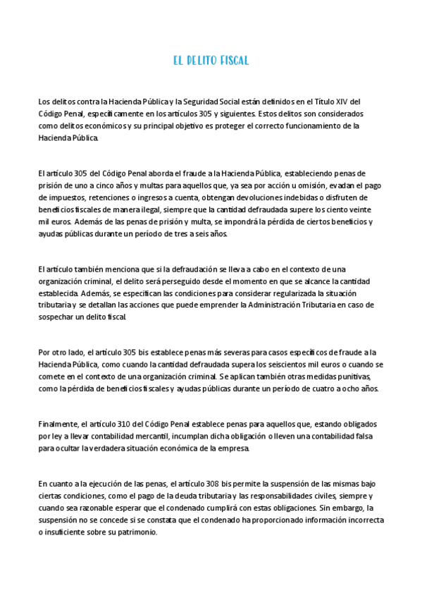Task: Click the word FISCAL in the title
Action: (232, 61)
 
